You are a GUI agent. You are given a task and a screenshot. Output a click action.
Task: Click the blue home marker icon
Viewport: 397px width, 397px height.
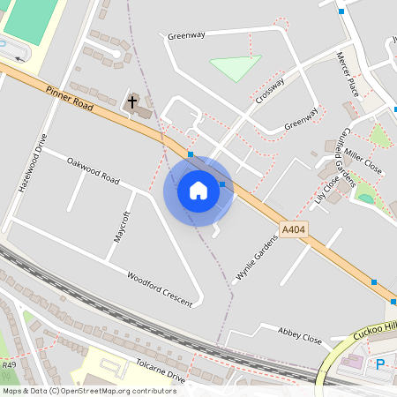pyautogui.click(x=198, y=191)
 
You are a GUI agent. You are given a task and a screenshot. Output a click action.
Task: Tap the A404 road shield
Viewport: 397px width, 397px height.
pyautogui.click(x=293, y=229)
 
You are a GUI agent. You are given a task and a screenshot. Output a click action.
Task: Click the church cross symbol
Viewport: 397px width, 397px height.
pyautogui.click(x=133, y=102)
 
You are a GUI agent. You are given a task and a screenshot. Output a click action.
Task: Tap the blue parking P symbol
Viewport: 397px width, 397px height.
pyautogui.click(x=380, y=363)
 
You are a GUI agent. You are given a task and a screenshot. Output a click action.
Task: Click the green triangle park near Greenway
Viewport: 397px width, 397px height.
pyautogui.click(x=235, y=67)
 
